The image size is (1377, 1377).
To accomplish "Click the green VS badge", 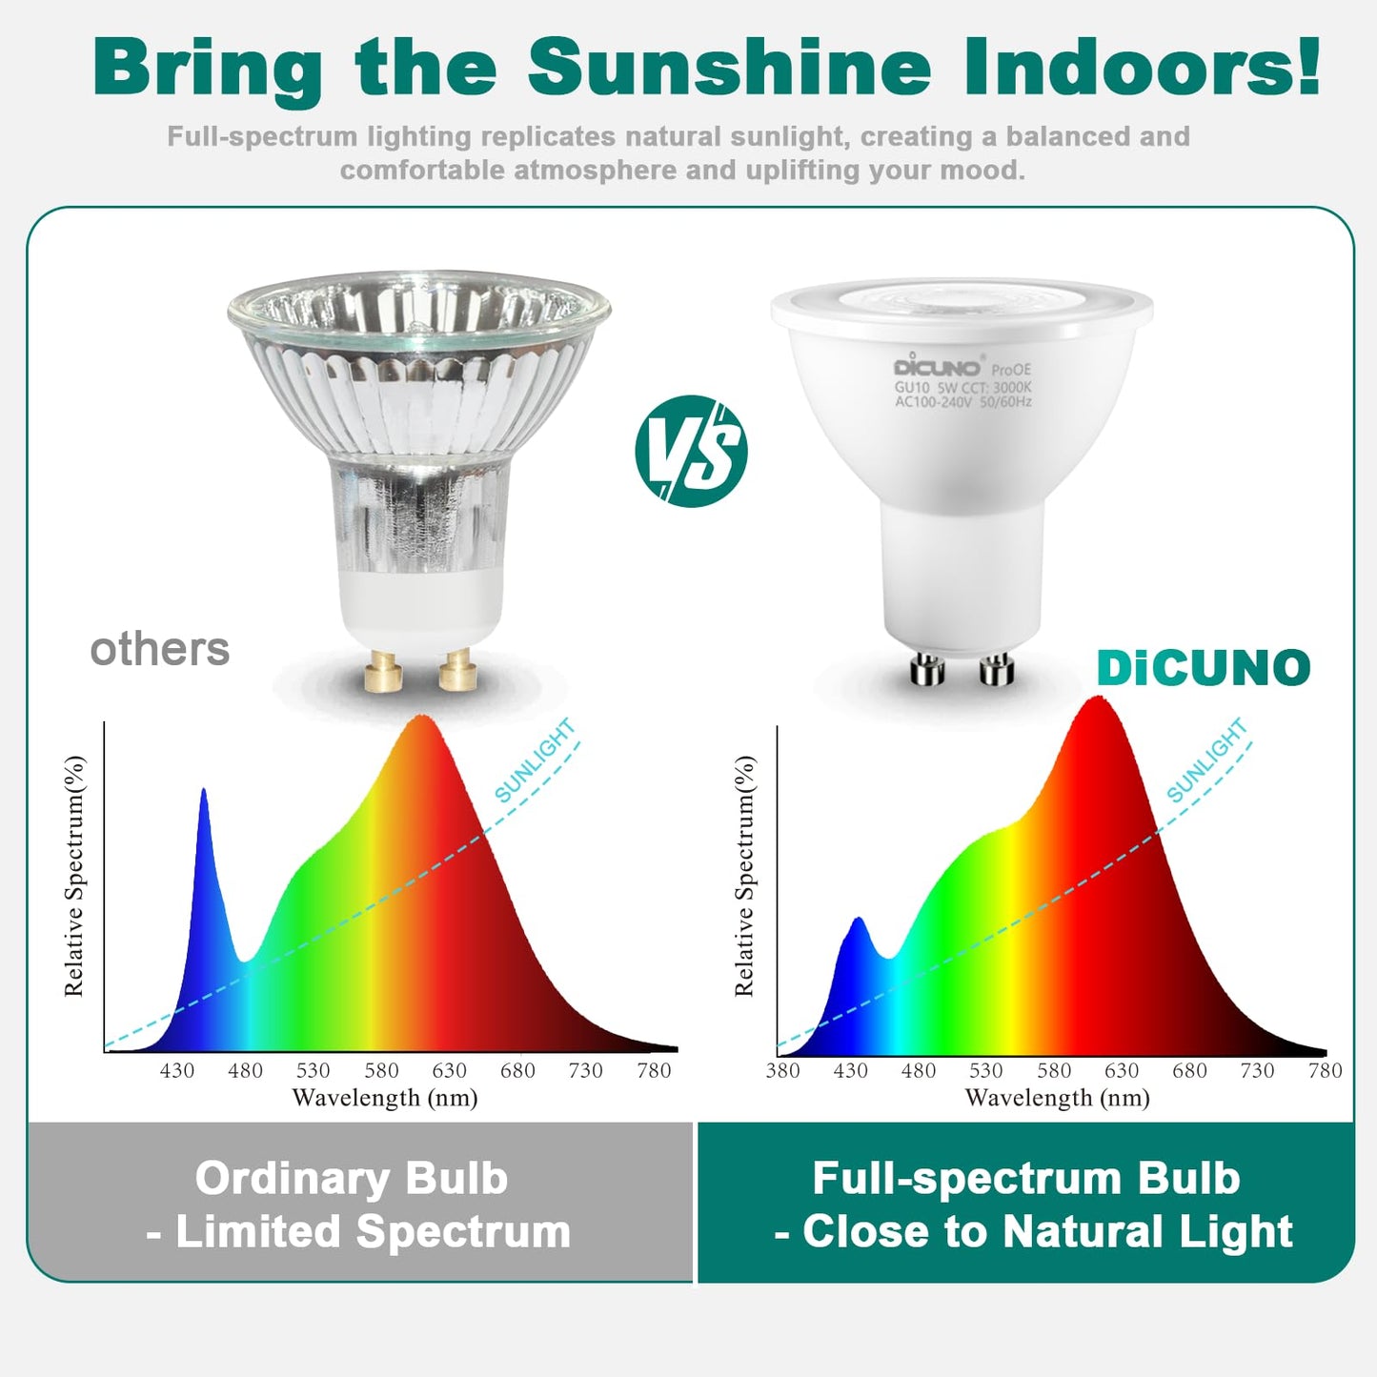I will pyautogui.click(x=691, y=451).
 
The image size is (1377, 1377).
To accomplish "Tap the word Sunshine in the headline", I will pyautogui.click(x=728, y=68).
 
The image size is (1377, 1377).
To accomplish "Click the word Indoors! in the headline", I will pyautogui.click(x=1142, y=68).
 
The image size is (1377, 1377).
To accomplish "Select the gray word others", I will pyautogui.click(x=160, y=650).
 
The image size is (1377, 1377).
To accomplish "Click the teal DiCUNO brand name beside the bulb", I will pyautogui.click(x=1204, y=668).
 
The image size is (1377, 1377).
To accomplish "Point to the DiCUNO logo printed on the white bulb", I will pyautogui.click(x=937, y=367).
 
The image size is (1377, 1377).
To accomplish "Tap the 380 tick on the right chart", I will pyautogui.click(x=782, y=1070).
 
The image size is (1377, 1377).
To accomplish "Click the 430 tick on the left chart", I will pyautogui.click(x=177, y=1070).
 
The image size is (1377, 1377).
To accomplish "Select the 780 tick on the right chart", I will pyautogui.click(x=1325, y=1070).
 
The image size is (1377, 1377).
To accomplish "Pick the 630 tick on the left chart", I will pyautogui.click(x=449, y=1070).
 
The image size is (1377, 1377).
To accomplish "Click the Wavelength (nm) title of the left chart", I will pyautogui.click(x=385, y=1098).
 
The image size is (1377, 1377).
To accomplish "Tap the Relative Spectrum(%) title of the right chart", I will pyautogui.click(x=744, y=876).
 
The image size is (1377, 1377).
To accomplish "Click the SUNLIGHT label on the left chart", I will pyautogui.click(x=535, y=760).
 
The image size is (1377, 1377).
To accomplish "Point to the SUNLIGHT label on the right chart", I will pyautogui.click(x=1206, y=760).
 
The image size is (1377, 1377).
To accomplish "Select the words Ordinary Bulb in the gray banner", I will pyautogui.click(x=352, y=1178).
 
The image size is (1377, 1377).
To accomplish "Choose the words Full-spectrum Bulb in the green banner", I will pyautogui.click(x=1026, y=1178).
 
